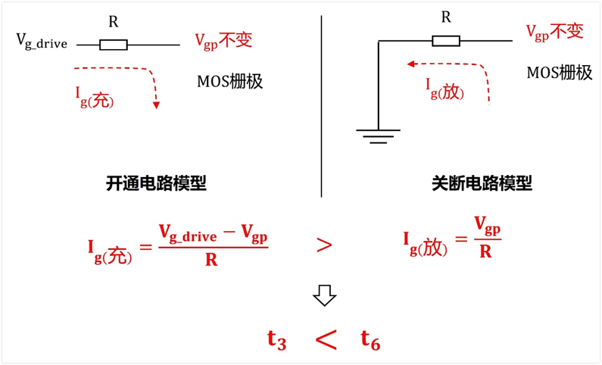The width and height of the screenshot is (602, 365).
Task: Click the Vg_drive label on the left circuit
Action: tap(42, 42)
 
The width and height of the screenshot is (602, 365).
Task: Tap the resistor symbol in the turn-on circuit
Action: tap(114, 45)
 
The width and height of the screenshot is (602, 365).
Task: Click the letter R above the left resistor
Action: tap(114, 22)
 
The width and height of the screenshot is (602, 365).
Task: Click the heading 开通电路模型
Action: tap(156, 183)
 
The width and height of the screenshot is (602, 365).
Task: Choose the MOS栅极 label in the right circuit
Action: tap(560, 73)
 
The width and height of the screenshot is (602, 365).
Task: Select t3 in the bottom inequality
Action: tap(276, 340)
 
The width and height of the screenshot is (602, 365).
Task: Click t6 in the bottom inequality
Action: tap(370, 341)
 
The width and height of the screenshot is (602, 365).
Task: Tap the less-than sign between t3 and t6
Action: tap(325, 341)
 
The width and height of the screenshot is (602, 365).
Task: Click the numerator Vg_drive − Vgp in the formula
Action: tap(213, 233)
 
